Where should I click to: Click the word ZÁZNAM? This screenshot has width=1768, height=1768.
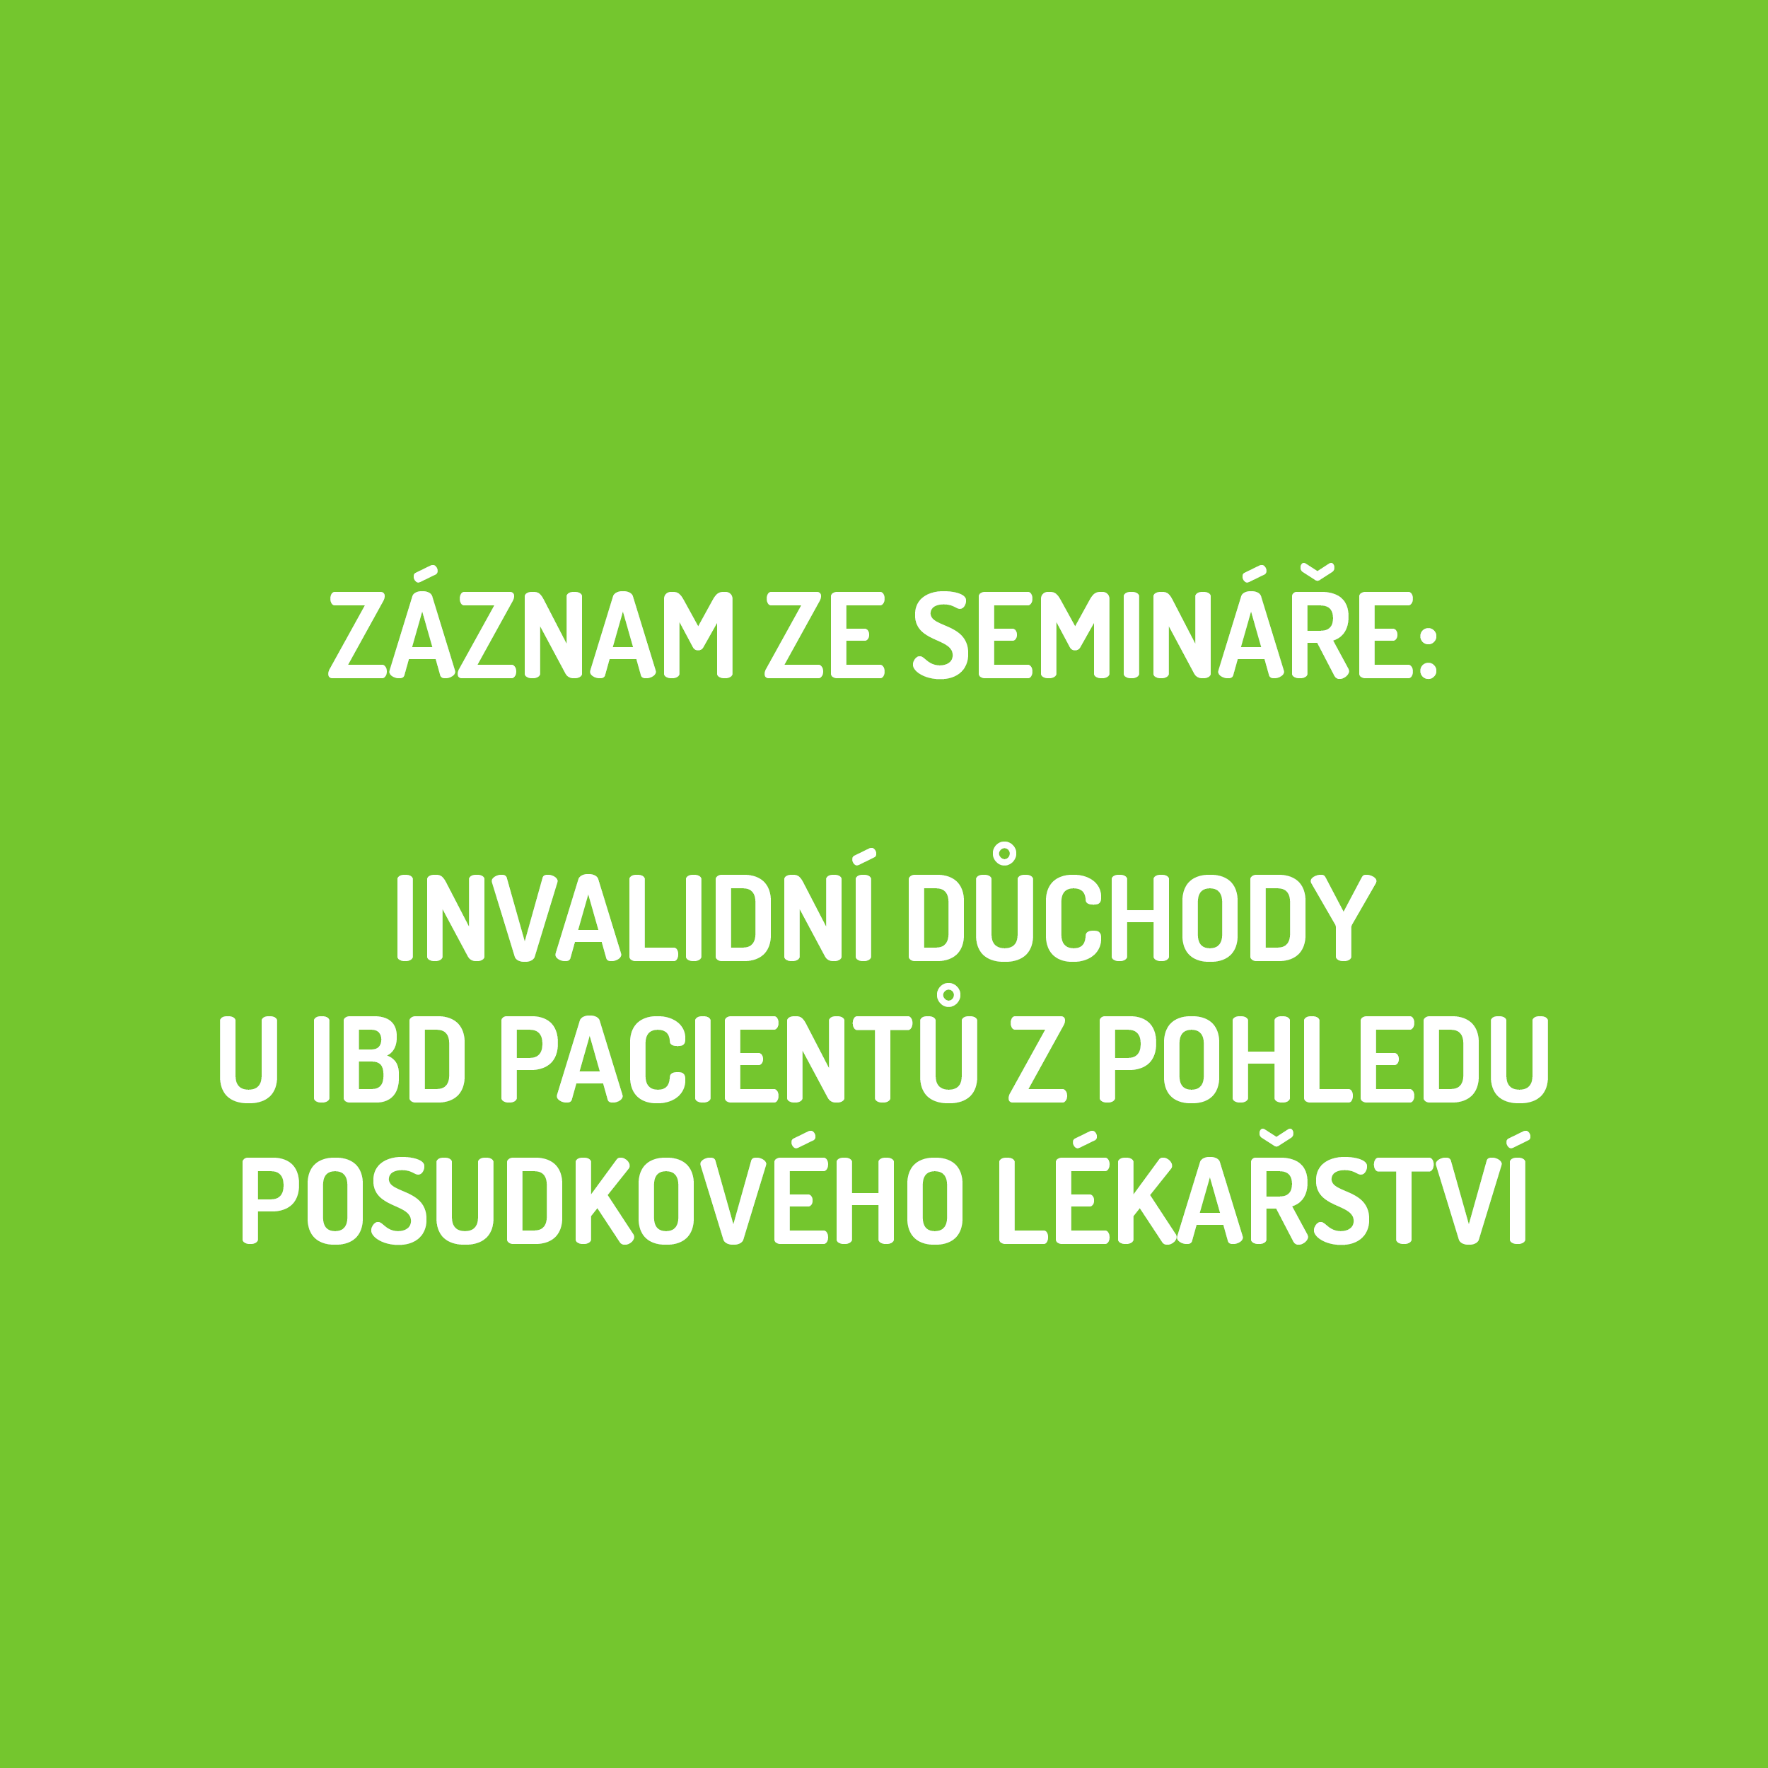[532, 623]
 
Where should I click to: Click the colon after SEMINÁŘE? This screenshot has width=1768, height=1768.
[1428, 653]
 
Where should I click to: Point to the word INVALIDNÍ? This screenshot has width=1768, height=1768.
[636, 905]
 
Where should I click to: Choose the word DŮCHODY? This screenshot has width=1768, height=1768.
[1142, 902]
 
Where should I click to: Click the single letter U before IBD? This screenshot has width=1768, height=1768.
[248, 1059]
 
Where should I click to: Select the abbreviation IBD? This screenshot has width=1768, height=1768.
[389, 1059]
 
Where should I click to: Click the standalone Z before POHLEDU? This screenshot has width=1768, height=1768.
[1037, 1059]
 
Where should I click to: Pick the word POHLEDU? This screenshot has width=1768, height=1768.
[1323, 1059]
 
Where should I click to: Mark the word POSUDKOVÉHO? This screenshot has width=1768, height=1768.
[602, 1187]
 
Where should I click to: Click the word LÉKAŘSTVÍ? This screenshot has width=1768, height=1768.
[1263, 1187]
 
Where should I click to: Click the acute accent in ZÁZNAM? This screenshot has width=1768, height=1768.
[426, 574]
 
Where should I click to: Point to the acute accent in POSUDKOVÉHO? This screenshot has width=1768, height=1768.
[803, 1139]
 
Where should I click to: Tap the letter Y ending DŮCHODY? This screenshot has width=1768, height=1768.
[1344, 918]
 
